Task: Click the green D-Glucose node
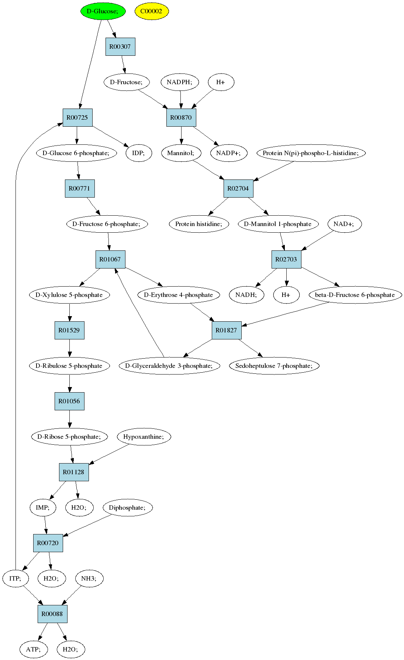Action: (x=103, y=11)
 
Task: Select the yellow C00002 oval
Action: (x=151, y=11)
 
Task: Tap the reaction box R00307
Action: (x=120, y=47)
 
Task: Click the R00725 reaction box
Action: (x=77, y=117)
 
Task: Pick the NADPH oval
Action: (x=180, y=82)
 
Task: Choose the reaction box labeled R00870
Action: (x=181, y=117)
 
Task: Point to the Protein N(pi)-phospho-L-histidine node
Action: (x=311, y=153)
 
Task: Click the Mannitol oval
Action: (x=181, y=153)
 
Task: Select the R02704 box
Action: (x=238, y=188)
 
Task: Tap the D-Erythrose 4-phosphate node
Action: (x=179, y=295)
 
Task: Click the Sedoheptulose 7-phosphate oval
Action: (x=274, y=366)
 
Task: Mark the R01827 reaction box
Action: (x=227, y=330)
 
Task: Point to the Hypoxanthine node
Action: (x=144, y=437)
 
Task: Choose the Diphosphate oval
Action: (x=128, y=507)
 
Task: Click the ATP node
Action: (x=34, y=649)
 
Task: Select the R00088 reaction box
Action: (x=52, y=614)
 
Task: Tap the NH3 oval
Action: (x=89, y=578)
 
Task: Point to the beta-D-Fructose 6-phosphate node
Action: (x=355, y=295)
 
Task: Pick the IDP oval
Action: (x=139, y=153)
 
